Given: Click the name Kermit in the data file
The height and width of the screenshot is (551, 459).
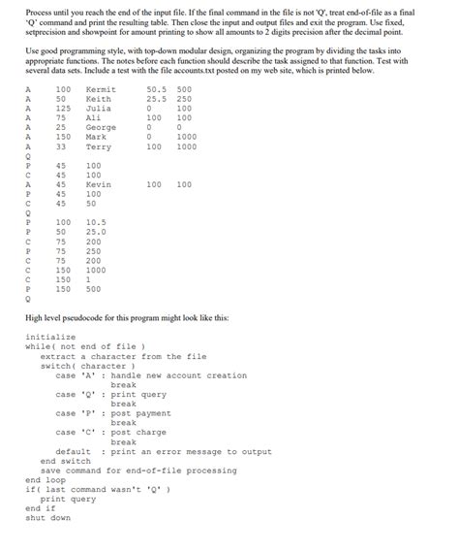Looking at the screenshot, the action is (101, 89).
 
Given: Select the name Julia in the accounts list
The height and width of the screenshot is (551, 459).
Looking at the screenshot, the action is (98, 109).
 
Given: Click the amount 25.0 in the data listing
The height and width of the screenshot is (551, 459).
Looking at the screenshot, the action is (95, 232).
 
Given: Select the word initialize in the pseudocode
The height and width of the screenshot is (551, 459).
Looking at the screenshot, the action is (49, 337).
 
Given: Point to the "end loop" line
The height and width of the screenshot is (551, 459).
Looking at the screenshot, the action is (45, 479).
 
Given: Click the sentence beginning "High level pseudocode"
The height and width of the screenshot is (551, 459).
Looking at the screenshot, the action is (126, 317).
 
